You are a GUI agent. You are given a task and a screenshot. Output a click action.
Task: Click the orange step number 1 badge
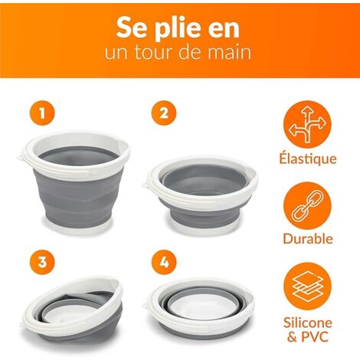42,113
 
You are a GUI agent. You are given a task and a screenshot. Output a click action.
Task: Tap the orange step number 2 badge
164,113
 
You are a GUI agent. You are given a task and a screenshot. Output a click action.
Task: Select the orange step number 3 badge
42,262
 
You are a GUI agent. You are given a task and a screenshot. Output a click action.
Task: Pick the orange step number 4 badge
164,262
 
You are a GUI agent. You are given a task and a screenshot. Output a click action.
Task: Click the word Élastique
308,159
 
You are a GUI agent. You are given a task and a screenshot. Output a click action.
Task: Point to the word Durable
308,239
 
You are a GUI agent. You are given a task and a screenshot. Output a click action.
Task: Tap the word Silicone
308,322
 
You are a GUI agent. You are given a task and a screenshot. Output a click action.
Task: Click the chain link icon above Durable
307,205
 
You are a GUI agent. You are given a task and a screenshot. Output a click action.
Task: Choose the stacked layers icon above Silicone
307,286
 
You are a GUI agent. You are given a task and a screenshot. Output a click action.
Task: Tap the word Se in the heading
129,28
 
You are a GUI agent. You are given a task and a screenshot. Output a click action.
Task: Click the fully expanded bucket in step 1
74,182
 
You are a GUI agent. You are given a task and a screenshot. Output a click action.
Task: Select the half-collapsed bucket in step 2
201,195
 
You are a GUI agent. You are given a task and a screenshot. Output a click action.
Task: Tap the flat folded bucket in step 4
201,309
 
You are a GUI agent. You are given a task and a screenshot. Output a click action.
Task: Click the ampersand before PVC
292,337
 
